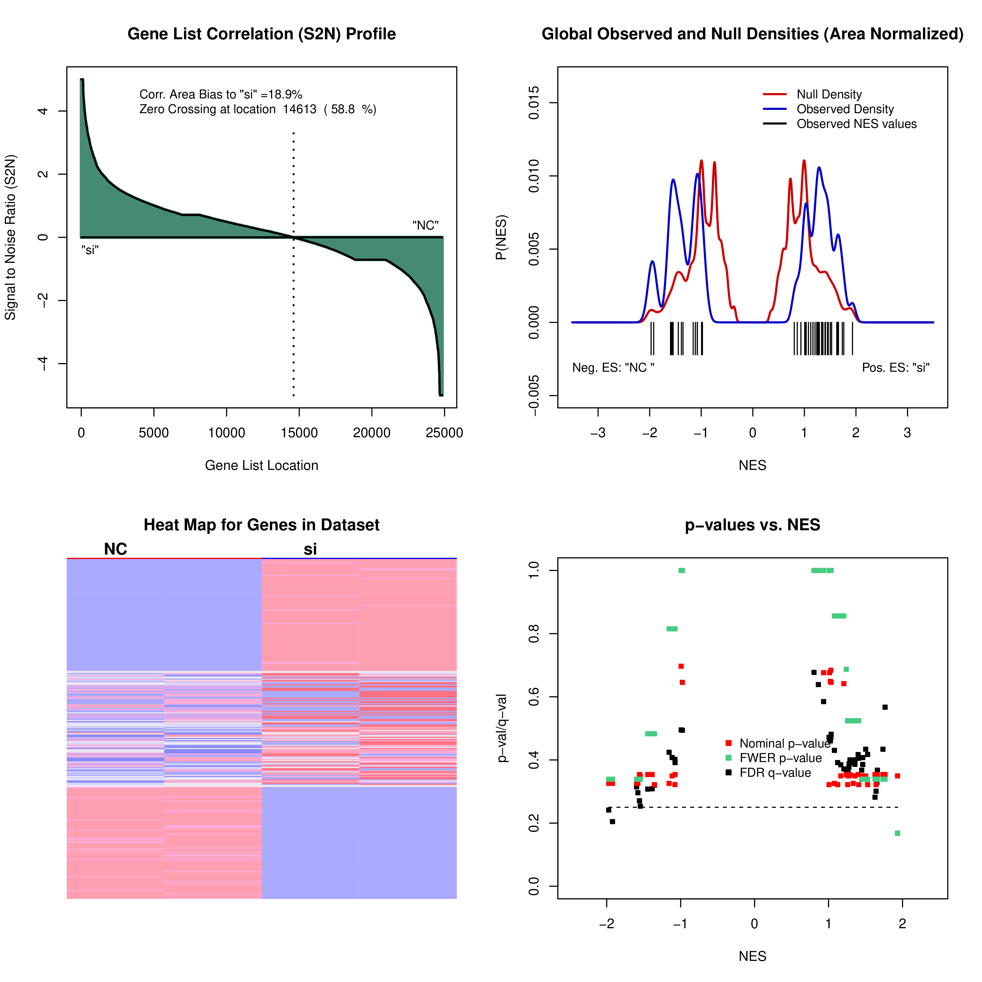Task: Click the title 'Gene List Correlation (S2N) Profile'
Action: pos(261,34)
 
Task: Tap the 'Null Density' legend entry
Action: pos(829,95)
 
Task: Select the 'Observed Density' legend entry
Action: pos(845,109)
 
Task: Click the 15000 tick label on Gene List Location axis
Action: pos(299,433)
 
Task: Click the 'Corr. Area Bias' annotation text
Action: pos(221,95)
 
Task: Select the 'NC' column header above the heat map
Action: pos(115,549)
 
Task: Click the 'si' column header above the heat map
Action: pos(310,549)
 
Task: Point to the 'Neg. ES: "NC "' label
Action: pos(613,368)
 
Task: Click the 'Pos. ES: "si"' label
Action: pos(896,368)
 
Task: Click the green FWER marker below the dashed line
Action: pos(897,833)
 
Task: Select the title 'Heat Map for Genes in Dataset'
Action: pos(261,525)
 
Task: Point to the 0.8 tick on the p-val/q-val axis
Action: pos(534,634)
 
